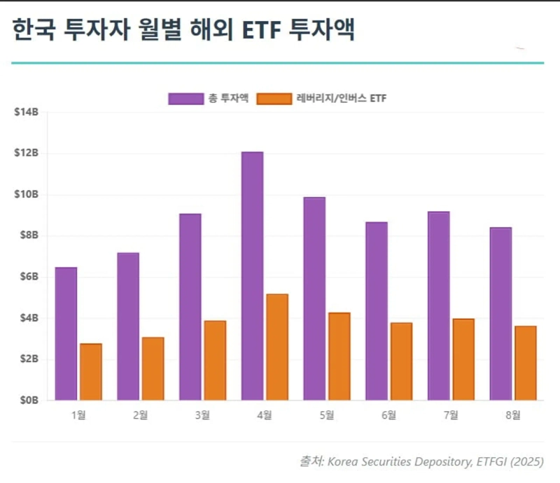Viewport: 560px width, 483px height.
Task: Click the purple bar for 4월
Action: point(252,276)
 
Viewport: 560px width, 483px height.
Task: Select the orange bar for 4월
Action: point(276,347)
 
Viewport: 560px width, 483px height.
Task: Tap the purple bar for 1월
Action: point(66,333)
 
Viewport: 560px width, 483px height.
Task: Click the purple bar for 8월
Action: point(500,314)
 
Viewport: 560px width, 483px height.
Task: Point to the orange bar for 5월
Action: point(339,356)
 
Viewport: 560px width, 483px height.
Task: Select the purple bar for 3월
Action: point(190,307)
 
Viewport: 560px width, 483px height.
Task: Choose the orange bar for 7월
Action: point(463,359)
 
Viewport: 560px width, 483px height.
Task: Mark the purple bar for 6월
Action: point(376,311)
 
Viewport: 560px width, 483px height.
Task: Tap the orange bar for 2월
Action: point(153,369)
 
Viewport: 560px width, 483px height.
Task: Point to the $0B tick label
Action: point(27,401)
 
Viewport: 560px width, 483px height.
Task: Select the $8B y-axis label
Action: point(27,236)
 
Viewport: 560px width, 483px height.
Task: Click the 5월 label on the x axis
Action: point(327,415)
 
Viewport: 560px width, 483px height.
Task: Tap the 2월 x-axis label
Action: point(140,415)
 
